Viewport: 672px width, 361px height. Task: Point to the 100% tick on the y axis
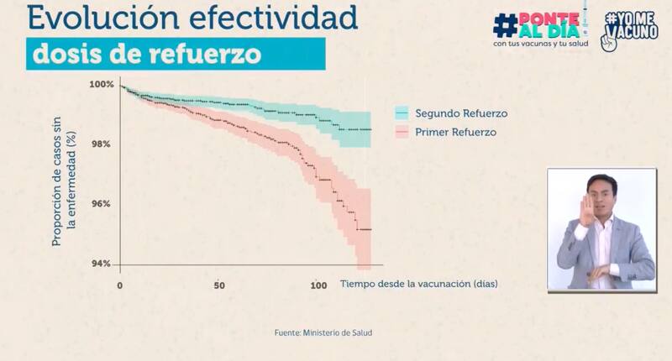[102, 84]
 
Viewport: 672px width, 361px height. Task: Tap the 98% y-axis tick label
[102, 144]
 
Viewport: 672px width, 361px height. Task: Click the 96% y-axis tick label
[102, 204]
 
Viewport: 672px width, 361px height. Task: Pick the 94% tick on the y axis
[102, 264]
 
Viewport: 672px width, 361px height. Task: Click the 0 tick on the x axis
[120, 285]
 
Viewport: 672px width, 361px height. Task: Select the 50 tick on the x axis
[218, 285]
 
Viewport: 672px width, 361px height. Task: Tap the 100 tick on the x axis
[318, 285]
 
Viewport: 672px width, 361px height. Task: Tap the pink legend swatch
[402, 133]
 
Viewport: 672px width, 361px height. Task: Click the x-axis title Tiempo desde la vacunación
[418, 284]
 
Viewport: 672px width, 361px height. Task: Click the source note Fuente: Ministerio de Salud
[323, 333]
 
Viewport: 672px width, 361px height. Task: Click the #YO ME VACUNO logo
[630, 29]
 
